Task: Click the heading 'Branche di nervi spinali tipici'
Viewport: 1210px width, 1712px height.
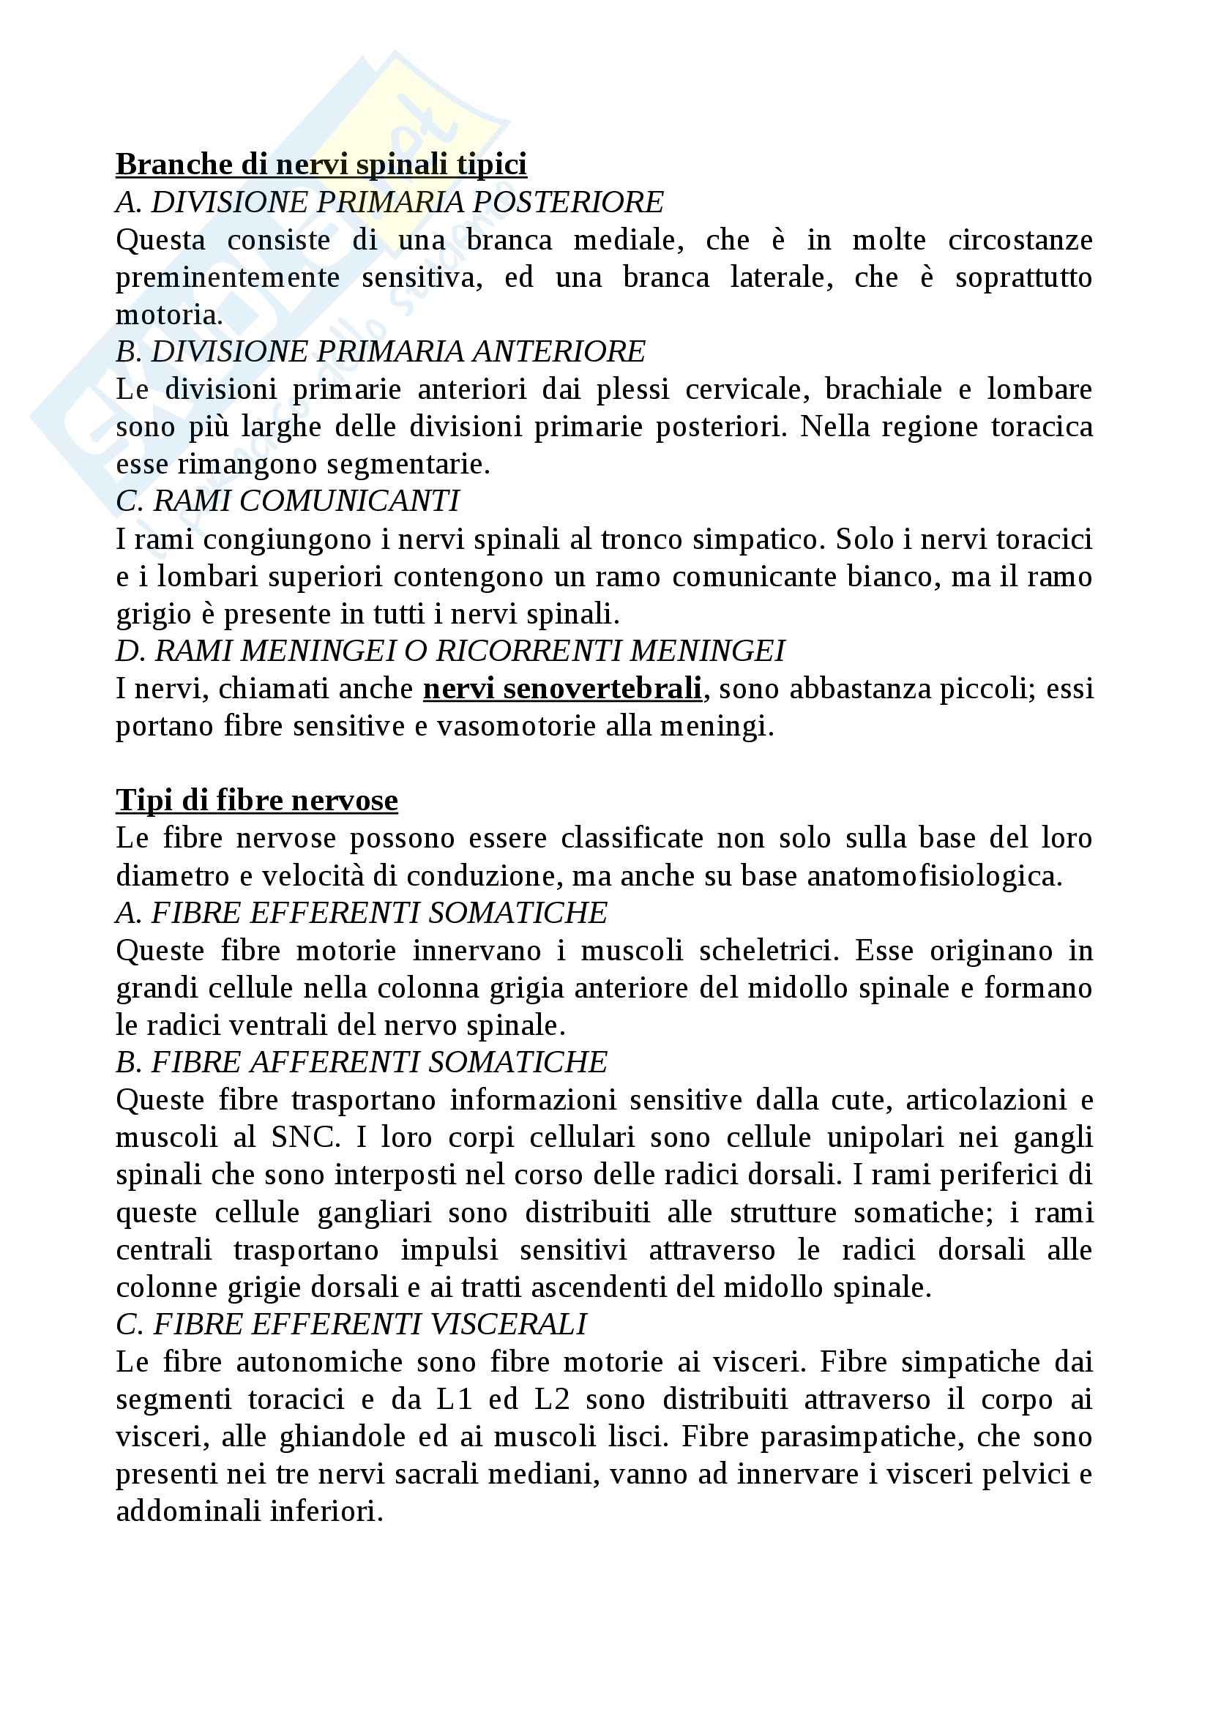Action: [x=321, y=165]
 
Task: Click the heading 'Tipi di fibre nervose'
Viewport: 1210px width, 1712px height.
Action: [x=256, y=801]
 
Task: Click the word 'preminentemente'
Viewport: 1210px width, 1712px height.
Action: [x=228, y=278]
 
